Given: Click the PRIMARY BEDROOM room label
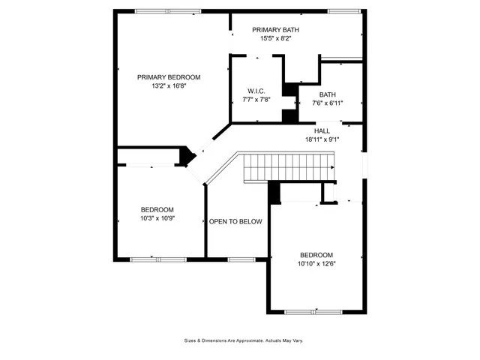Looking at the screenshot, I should click(x=169, y=77).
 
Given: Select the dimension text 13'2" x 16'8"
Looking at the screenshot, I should click(x=169, y=85).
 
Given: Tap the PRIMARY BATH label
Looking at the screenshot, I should click(x=259, y=29).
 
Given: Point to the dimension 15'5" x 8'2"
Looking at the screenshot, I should click(x=259, y=37).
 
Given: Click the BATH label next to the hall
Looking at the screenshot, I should click(x=327, y=94).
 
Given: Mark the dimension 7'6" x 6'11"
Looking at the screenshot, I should click(x=327, y=103).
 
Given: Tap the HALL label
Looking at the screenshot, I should click(x=322, y=130).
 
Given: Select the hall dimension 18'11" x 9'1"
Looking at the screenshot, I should click(x=322, y=139).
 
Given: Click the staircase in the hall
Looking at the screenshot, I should click(x=289, y=166).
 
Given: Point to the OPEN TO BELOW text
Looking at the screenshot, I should click(x=235, y=221).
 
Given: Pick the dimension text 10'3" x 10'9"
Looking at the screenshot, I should click(x=157, y=218).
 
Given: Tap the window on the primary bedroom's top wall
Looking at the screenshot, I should click(x=167, y=11).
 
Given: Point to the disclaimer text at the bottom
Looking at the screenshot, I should click(x=244, y=340).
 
